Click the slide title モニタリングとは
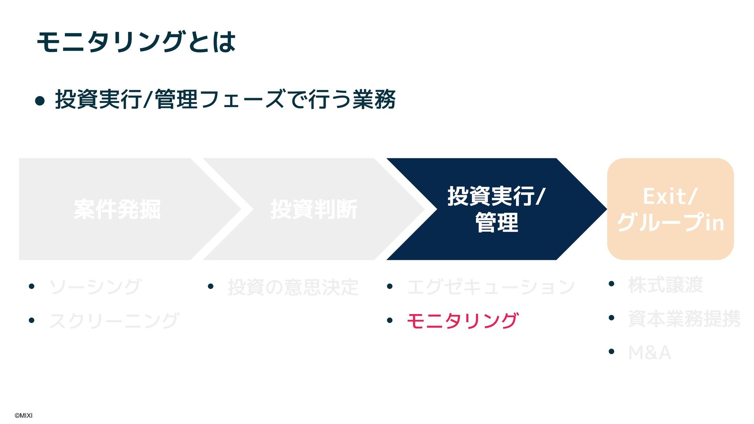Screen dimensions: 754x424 point(136,42)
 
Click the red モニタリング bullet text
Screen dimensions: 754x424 point(462,321)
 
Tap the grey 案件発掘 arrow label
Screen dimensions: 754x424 point(117,209)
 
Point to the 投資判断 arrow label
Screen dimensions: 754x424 point(314,209)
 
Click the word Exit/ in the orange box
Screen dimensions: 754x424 point(670,196)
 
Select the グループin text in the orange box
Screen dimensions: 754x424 point(670,223)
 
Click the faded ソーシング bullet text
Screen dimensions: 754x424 point(95,287)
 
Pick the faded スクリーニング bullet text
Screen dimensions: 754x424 point(114,321)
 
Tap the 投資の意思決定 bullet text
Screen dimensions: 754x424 point(293,287)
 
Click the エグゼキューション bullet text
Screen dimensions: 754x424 point(491,287)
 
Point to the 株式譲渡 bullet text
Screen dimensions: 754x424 point(665,285)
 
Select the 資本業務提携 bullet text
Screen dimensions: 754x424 point(684,318)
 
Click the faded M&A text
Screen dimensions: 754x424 point(649,352)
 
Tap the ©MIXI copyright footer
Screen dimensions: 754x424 point(24,416)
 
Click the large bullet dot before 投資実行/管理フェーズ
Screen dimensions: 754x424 point(40,101)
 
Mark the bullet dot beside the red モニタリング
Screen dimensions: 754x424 point(390,321)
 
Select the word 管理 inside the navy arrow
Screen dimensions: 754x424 point(496,223)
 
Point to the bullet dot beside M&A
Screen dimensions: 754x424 point(611,352)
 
